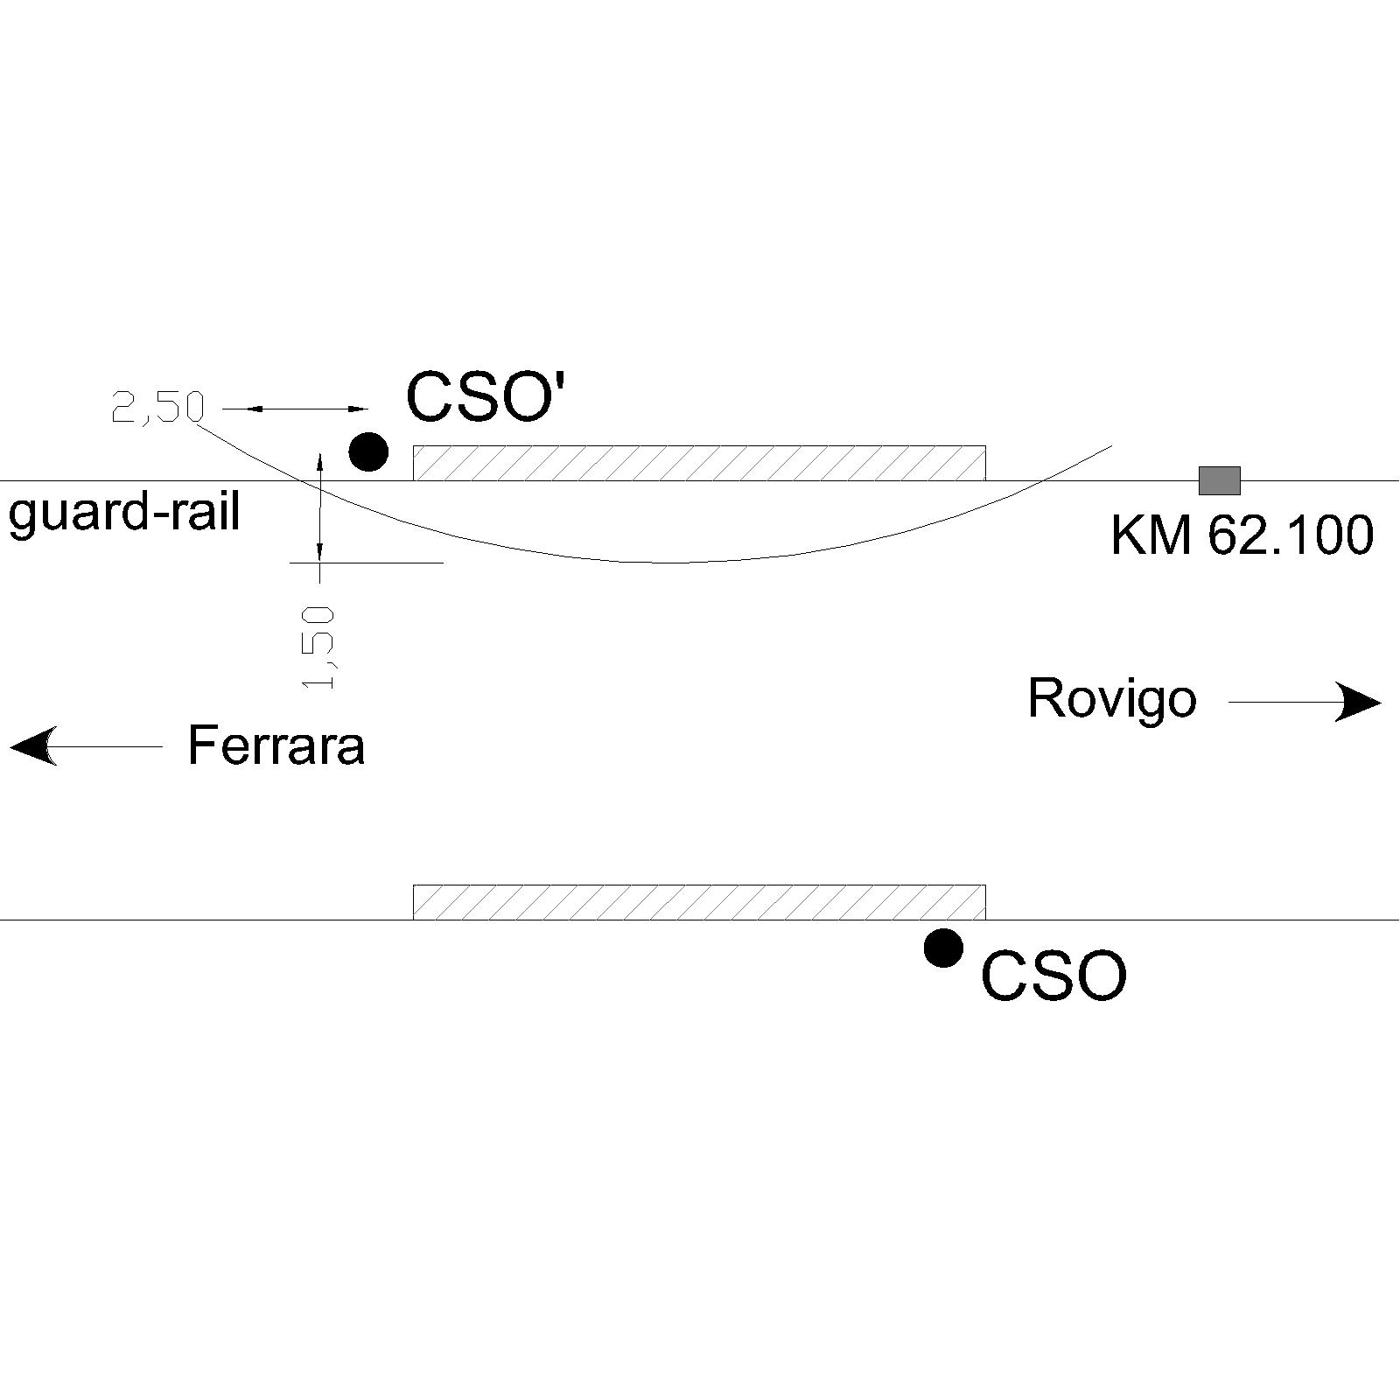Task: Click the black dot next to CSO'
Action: [368, 451]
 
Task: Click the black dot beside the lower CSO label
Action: [943, 948]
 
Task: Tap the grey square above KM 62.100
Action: [1219, 480]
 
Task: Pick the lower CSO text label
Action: [1053, 976]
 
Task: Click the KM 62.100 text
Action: [1242, 535]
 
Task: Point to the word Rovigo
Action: [1112, 699]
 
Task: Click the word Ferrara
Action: [276, 745]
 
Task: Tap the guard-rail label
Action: [124, 513]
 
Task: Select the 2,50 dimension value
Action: [157, 407]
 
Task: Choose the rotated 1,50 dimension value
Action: [318, 647]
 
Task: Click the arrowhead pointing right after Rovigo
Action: [1358, 702]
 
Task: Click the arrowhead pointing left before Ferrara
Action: [33, 746]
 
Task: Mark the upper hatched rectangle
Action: [699, 463]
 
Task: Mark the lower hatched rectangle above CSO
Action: [699, 902]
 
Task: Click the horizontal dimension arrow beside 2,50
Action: [296, 408]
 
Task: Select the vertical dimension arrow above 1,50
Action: [320, 507]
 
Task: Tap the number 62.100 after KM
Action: [1291, 535]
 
